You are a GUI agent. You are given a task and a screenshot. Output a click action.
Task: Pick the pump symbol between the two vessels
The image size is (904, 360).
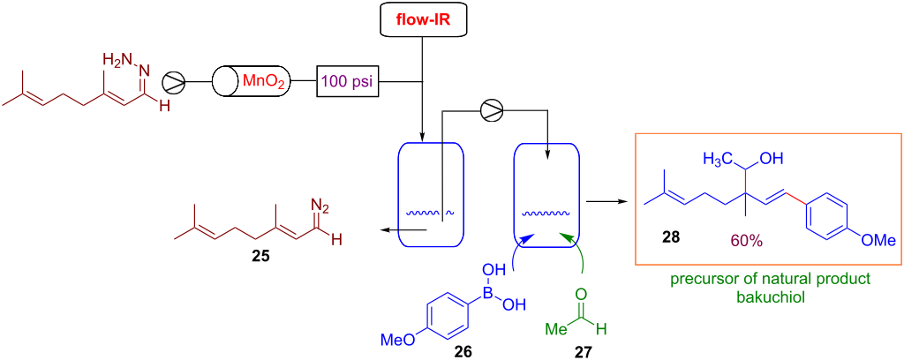pos(491,109)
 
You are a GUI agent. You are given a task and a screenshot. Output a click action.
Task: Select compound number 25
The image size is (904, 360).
pos(260,259)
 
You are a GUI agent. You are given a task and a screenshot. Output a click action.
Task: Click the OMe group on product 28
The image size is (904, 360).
pos(879,238)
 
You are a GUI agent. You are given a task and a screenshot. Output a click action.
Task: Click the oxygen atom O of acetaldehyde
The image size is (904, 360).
pos(579,295)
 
